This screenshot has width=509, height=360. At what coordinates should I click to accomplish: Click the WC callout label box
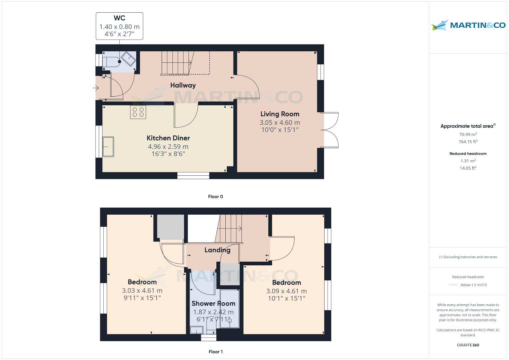click(119, 26)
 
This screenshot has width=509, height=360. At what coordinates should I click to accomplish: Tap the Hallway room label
click(183, 85)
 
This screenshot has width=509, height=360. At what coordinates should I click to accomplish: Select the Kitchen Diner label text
click(168, 138)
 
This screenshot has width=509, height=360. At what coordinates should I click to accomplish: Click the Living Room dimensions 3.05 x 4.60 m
click(280, 123)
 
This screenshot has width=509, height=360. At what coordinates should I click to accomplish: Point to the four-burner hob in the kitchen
click(138, 112)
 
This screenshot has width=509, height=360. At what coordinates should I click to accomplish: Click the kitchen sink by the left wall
click(108, 146)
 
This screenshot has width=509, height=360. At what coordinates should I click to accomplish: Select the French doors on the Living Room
click(330, 130)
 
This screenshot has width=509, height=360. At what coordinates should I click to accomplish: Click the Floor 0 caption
click(215, 197)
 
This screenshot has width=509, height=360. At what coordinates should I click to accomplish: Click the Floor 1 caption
click(215, 352)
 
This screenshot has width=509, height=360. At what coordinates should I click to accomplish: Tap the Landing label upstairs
click(217, 250)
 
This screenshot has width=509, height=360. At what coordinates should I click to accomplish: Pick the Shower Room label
click(213, 304)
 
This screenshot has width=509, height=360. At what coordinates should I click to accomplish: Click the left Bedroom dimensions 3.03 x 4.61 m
click(142, 291)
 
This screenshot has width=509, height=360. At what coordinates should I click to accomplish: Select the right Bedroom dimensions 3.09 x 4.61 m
click(286, 291)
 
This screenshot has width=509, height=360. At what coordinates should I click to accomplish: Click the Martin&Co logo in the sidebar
click(468, 25)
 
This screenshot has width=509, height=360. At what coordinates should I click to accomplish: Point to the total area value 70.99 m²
click(468, 134)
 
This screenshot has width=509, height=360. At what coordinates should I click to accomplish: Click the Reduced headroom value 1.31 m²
click(468, 161)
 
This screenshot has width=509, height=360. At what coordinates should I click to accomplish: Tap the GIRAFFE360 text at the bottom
click(468, 345)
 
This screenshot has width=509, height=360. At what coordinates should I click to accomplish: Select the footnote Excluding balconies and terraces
click(468, 257)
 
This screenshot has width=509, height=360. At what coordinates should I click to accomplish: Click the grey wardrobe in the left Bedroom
click(170, 227)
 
